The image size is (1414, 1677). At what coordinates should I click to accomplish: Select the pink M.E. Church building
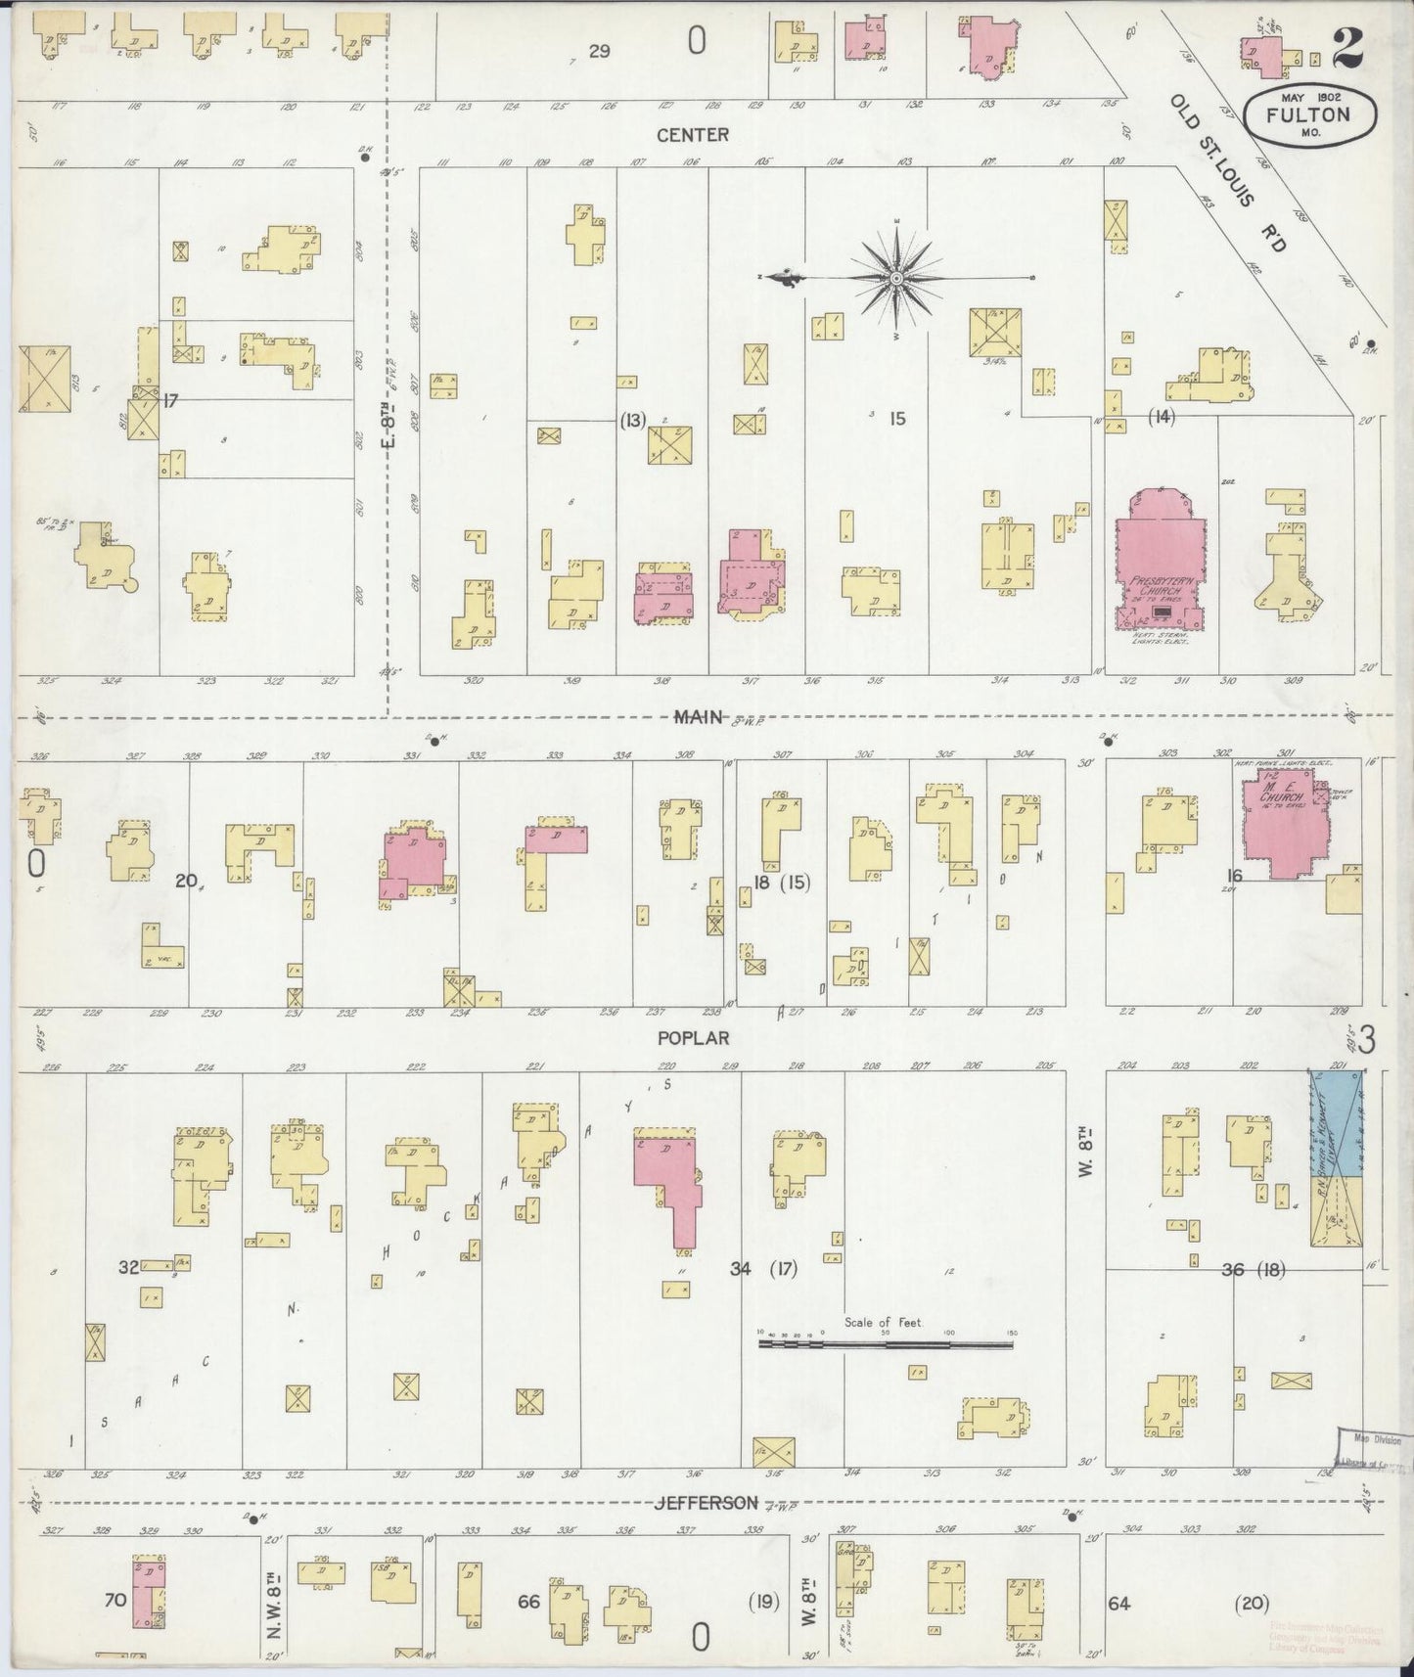click(1280, 822)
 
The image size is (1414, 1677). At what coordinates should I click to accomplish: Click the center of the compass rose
click(896, 279)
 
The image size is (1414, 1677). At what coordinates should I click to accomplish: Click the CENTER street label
click(693, 134)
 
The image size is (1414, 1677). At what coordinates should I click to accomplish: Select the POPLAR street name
click(694, 1038)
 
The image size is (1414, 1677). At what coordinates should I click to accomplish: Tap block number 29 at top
click(599, 51)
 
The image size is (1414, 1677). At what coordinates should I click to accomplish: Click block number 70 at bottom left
click(115, 1601)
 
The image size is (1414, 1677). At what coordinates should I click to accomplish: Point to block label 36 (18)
click(1252, 1270)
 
